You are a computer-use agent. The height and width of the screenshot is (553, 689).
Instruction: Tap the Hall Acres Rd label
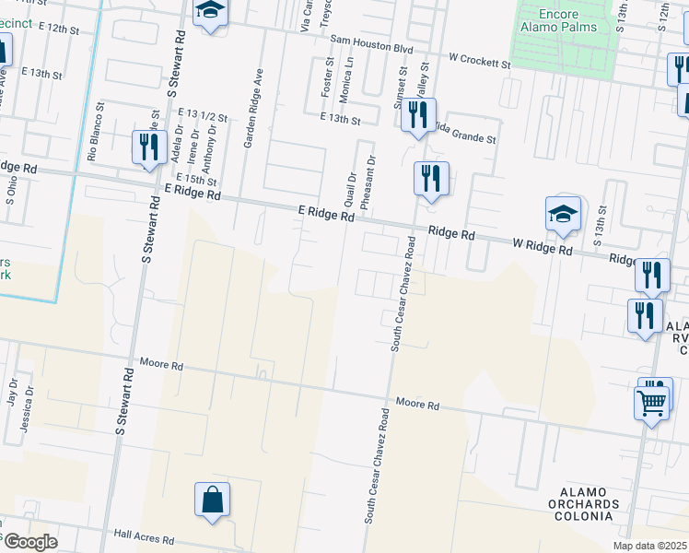[144, 536]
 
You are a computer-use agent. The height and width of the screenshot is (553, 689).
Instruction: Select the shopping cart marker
[652, 403]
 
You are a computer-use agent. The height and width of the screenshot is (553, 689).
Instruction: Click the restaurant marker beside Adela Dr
[146, 147]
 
